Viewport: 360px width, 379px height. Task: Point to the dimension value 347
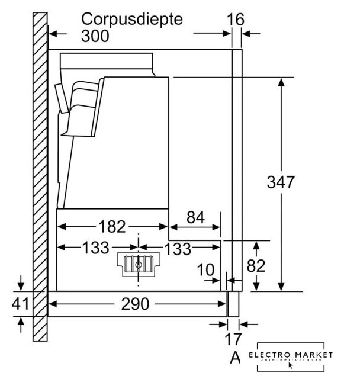280,182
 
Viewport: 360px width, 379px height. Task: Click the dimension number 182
112,226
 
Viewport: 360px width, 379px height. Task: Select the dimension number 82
256,266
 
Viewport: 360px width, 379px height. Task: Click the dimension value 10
205,271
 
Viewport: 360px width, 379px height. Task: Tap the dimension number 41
21,304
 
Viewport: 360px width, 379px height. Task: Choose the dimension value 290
136,304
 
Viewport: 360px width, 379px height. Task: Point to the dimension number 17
234,340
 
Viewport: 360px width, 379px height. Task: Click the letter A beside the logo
235,357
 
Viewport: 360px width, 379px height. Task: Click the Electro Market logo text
290,355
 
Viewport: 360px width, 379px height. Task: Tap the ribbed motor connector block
139,265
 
